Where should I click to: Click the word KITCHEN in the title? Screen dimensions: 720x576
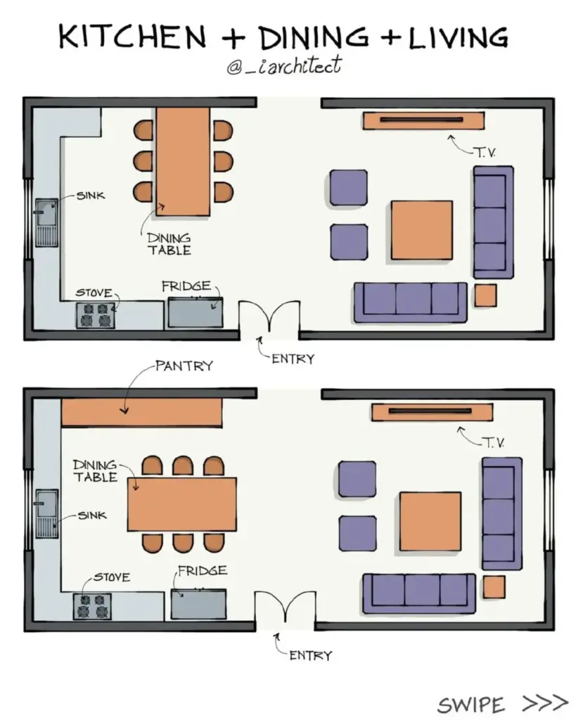point(129,37)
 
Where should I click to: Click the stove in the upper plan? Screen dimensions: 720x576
point(95,315)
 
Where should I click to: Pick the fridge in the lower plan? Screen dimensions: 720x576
point(199,603)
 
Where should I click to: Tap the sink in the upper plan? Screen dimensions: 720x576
point(48,221)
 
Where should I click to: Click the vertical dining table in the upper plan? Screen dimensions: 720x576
point(183,161)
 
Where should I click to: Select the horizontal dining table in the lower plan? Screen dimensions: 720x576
point(182,504)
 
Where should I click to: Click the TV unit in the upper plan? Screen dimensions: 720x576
point(423,120)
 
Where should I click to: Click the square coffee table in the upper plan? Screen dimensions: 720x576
point(422,230)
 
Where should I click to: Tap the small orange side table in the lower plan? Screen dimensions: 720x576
point(494,586)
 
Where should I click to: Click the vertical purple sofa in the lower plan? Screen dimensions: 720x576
point(501,513)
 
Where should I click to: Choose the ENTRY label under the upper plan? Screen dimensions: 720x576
point(293,359)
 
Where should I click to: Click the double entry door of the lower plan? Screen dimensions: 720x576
point(284,607)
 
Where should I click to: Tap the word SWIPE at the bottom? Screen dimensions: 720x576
point(471,704)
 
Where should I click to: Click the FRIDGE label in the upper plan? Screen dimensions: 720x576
point(186,286)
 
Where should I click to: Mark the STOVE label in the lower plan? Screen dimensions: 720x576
point(111,577)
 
